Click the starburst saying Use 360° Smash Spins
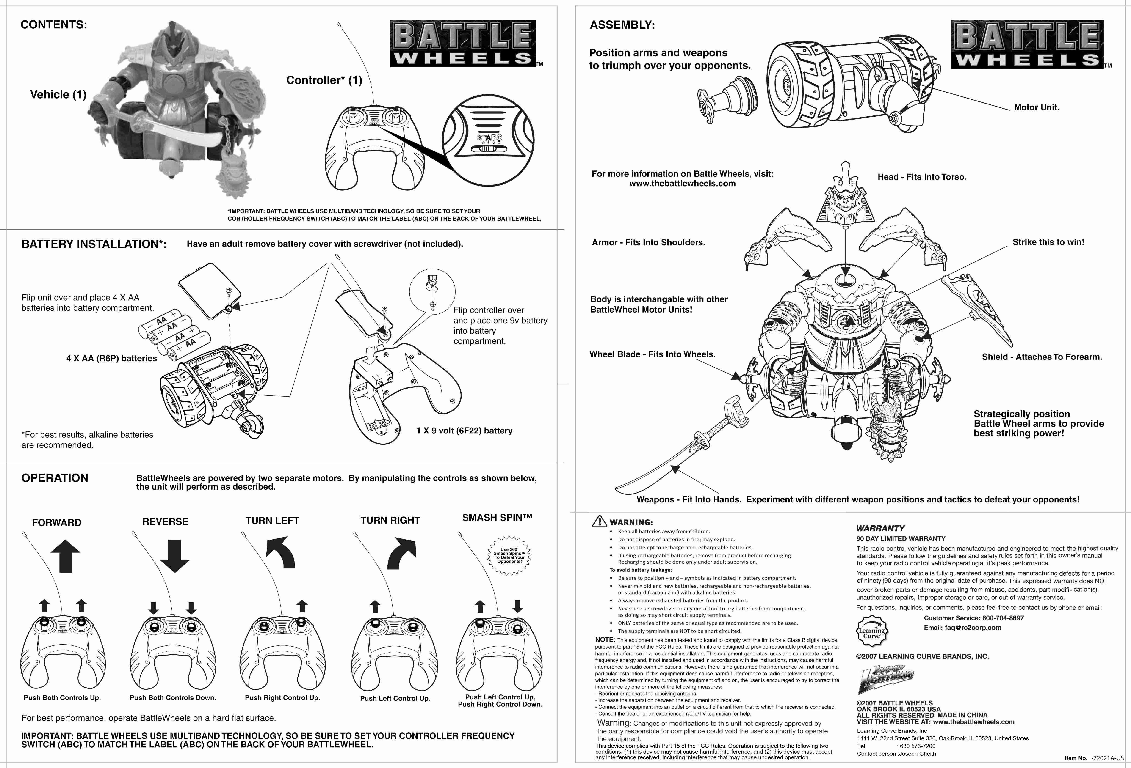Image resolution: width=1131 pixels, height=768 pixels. tap(509, 555)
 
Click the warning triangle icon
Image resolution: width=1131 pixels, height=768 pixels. tap(600, 521)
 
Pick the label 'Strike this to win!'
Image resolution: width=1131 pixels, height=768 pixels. tap(1048, 242)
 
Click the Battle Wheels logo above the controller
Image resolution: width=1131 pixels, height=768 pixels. tap(463, 44)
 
